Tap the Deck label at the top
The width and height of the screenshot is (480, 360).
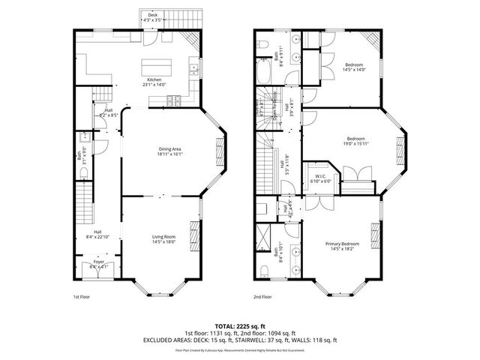(153, 14)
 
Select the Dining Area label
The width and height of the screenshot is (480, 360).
(169, 148)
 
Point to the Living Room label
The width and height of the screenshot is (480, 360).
(163, 238)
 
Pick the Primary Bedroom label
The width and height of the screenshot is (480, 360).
(341, 244)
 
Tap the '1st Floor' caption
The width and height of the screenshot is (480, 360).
(82, 296)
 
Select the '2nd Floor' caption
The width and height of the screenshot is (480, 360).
(262, 296)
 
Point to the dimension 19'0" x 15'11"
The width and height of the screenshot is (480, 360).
(355, 142)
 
